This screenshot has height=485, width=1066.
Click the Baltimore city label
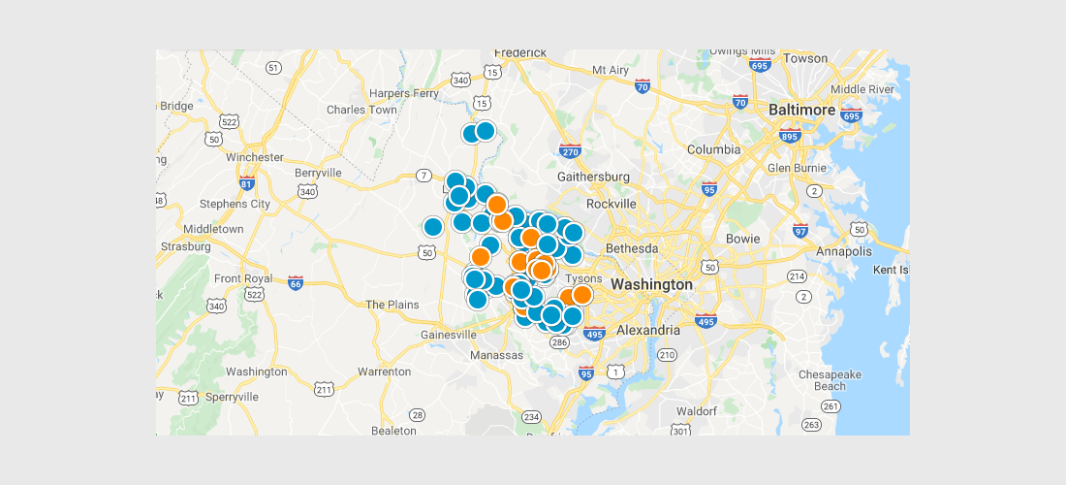pos(801,111)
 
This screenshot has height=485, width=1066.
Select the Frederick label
pos(520,52)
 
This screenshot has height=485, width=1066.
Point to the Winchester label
pos(254,157)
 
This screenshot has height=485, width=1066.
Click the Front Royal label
pos(243,278)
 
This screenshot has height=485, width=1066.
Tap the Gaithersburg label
pos(594,177)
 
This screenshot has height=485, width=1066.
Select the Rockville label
pos(611,204)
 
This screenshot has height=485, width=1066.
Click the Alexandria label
pos(647,331)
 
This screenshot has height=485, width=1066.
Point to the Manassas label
pos(497,355)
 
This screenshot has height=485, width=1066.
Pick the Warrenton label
pos(385,372)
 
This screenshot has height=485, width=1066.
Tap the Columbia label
pos(713,149)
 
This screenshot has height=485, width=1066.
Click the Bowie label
pos(743,238)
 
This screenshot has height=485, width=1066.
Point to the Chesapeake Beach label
pos(822,379)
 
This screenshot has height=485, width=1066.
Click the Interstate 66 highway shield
pos(296,283)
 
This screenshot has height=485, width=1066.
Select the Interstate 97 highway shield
pos(800,230)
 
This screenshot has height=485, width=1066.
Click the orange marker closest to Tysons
pos(581,295)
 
